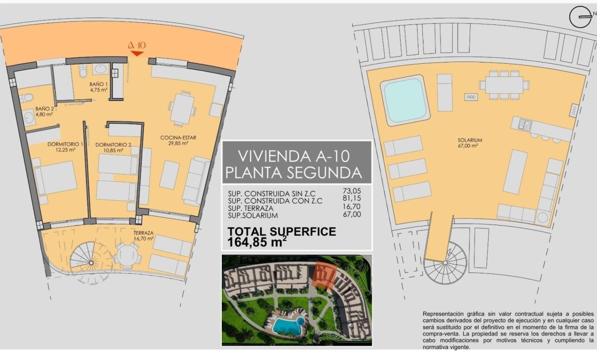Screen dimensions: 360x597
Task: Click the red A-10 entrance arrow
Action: [137, 53]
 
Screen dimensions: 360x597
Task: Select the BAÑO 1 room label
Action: [99, 84]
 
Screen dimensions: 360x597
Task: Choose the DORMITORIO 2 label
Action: [113, 144]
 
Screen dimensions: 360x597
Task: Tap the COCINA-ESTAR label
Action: [178, 138]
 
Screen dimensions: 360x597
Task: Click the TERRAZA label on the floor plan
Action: [143, 233]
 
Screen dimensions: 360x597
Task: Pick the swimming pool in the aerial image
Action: [287, 324]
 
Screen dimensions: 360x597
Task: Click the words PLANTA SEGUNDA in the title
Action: [293, 173]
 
